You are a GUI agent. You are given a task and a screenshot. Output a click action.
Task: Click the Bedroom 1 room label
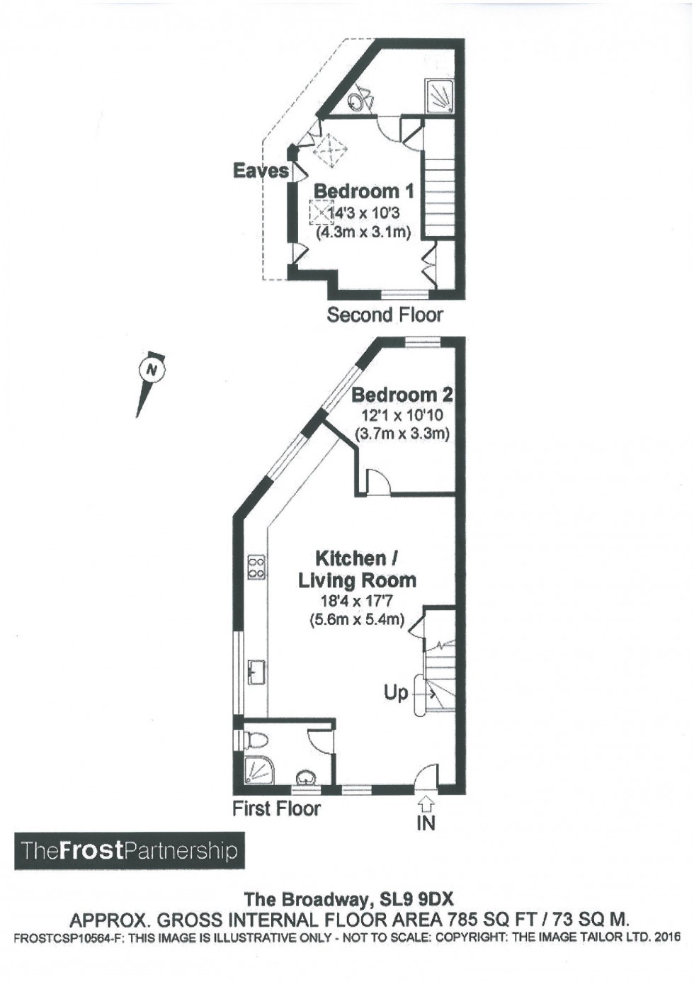[x=364, y=191]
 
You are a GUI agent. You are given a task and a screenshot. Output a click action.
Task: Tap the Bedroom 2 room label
[x=402, y=395]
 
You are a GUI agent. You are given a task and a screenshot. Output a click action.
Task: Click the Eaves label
[x=261, y=171]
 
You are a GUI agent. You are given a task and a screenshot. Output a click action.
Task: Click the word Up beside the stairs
[x=396, y=693]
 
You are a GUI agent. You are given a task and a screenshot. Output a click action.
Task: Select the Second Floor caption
[x=385, y=315]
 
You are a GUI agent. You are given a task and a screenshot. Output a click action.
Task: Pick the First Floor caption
[x=276, y=808]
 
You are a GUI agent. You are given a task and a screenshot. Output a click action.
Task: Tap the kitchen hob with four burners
[x=256, y=567]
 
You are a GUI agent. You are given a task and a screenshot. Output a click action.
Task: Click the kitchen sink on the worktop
[x=257, y=672]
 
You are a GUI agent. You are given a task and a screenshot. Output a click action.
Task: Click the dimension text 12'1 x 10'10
[x=401, y=414]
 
